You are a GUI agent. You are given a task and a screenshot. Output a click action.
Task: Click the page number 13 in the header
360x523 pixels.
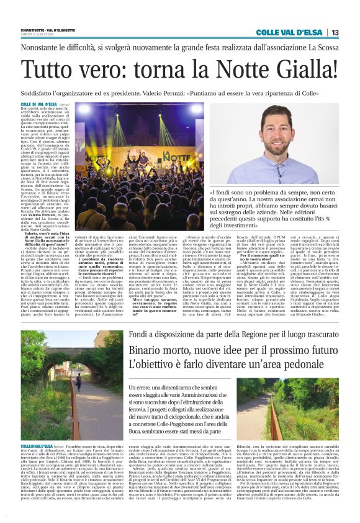(x=335, y=32)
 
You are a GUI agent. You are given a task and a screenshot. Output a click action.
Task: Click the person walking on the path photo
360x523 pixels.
(x=78, y=378)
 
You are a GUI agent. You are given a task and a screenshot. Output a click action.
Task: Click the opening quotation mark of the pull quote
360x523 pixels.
(x=212, y=193)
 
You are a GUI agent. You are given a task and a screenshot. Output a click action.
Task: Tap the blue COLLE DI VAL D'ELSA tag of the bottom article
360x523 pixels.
(x=37, y=446)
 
